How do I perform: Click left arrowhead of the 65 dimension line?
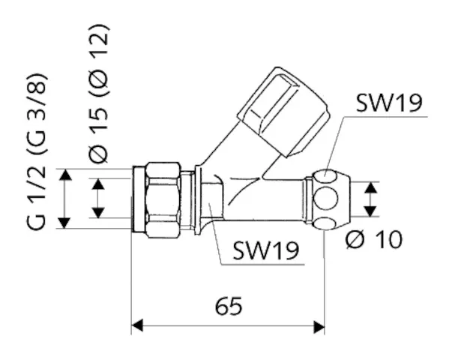pos(138,326)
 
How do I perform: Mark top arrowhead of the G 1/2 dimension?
pos(67,175)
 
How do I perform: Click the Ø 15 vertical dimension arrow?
pos(98,198)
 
